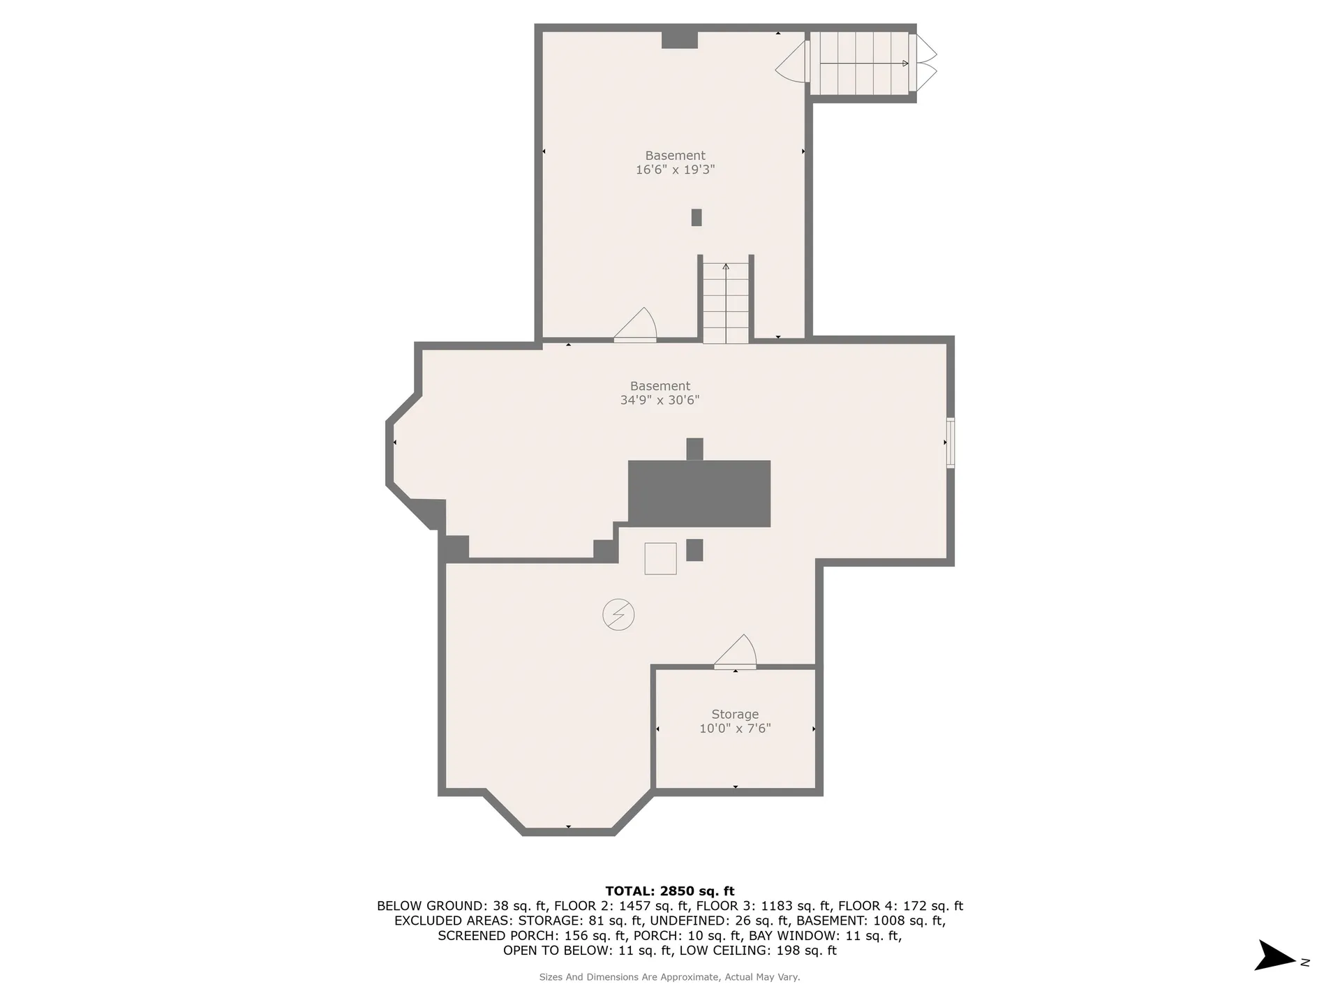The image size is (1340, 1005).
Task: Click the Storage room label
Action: pos(735,714)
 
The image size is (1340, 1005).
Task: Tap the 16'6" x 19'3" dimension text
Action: pos(675,170)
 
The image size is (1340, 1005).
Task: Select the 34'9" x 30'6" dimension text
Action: pos(660,400)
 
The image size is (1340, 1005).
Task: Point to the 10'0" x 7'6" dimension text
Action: pos(735,729)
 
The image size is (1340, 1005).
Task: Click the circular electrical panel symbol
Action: pos(618,615)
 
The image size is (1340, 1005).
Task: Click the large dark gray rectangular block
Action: pos(699,493)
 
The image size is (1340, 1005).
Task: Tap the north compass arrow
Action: pos(1275,955)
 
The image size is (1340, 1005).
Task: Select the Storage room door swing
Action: pos(736,651)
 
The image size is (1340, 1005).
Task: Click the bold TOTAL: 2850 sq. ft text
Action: pos(670,891)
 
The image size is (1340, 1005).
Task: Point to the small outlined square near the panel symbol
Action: pos(660,558)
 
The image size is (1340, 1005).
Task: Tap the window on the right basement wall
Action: pos(950,442)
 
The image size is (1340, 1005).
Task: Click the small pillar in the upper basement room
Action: pos(696,217)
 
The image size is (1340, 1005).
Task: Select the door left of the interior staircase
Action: pos(636,325)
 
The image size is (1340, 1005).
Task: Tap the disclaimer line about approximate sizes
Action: pos(670,977)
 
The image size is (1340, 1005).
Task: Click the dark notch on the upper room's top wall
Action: pos(680,40)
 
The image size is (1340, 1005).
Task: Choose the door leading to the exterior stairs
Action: pos(792,61)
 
